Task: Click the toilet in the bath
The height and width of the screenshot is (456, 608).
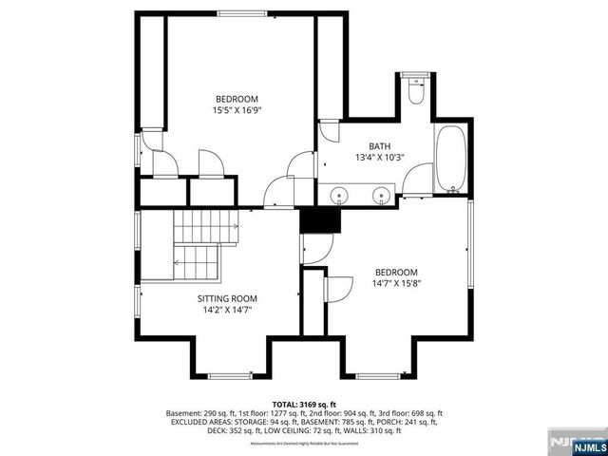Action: tap(415, 92)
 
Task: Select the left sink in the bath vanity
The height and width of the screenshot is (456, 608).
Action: tap(339, 197)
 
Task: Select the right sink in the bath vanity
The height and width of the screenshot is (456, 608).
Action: tap(381, 197)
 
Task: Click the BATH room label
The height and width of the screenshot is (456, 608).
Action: tap(380, 146)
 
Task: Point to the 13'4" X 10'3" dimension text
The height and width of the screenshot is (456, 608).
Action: tap(380, 158)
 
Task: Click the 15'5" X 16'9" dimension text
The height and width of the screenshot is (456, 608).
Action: tap(237, 110)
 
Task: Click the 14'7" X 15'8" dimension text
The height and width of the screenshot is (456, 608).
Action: tap(395, 282)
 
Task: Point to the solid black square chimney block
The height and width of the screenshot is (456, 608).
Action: tap(320, 219)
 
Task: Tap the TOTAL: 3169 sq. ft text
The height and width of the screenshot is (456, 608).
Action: tap(304, 403)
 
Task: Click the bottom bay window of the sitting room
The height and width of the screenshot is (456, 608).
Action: tap(229, 376)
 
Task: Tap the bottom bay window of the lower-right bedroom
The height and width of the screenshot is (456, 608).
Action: tap(377, 376)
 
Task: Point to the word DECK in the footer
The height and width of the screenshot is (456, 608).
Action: tap(218, 430)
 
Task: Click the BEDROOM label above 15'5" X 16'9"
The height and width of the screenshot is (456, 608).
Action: tap(237, 99)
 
